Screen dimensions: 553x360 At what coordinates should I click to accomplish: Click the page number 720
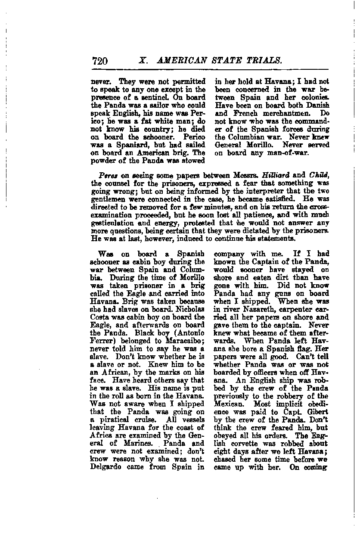click(x=99, y=61)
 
